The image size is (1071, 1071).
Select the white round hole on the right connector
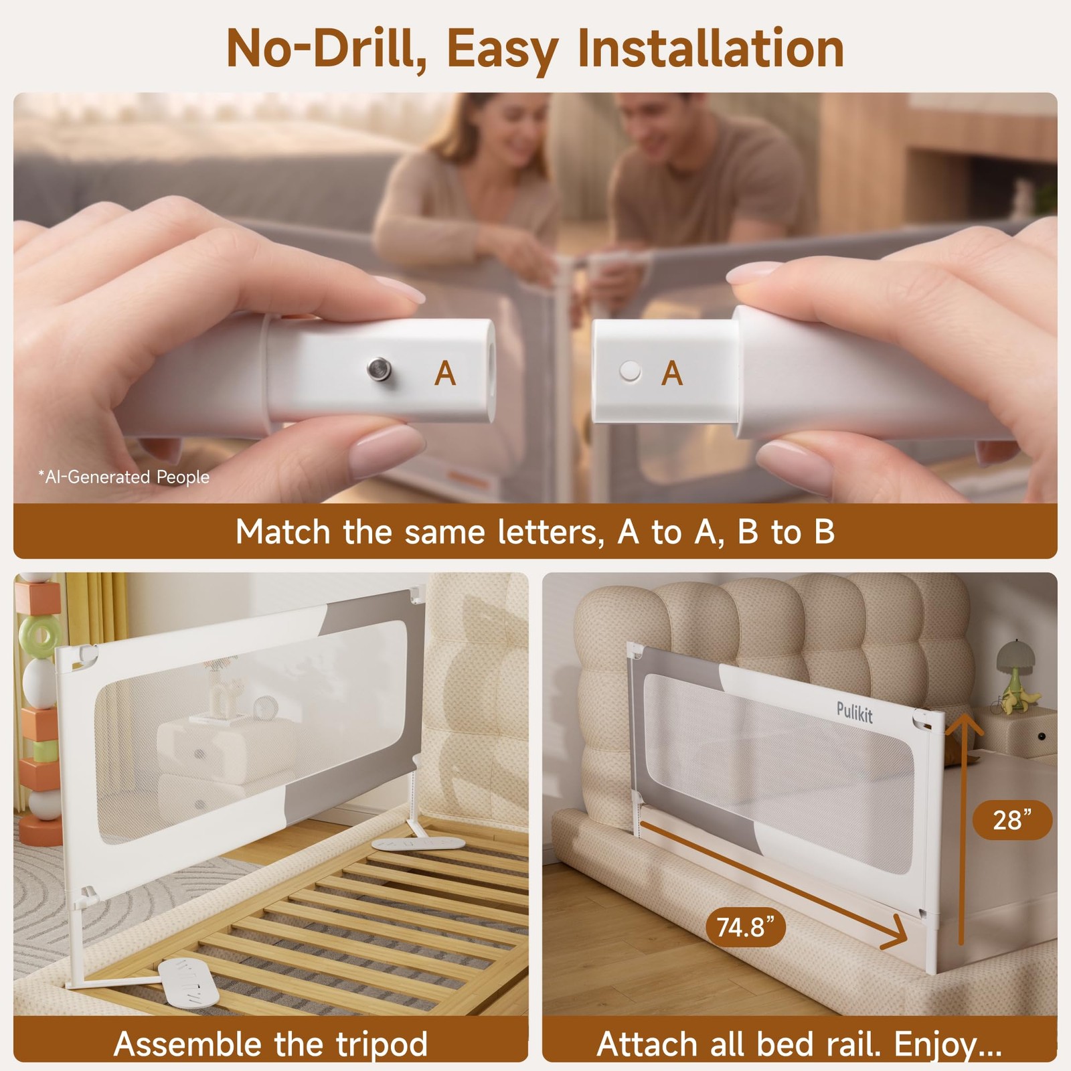(x=630, y=372)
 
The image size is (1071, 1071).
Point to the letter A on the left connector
(x=445, y=374)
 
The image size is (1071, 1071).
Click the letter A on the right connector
(x=672, y=374)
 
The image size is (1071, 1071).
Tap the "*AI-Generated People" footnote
(x=124, y=477)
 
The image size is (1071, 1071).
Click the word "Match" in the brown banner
(x=283, y=532)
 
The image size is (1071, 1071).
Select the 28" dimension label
(x=1012, y=819)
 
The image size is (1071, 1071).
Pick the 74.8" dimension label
(x=746, y=927)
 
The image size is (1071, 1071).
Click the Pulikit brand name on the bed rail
(x=855, y=712)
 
